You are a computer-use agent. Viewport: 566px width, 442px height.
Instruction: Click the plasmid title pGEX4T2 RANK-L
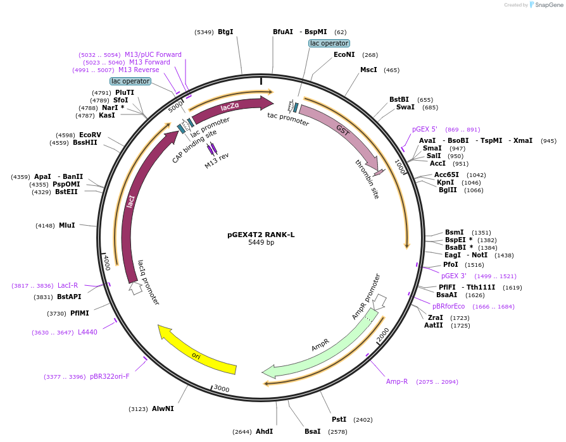point(261,234)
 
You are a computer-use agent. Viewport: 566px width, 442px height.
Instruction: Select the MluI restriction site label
point(66,225)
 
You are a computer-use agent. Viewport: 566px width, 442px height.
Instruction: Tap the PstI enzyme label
point(339,419)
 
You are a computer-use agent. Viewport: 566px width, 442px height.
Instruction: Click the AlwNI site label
point(163,408)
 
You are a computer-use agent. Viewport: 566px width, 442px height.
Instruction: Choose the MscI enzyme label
point(368,70)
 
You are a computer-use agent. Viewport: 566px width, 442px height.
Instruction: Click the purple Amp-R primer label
point(397,381)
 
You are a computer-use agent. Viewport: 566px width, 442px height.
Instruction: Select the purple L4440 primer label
point(87,332)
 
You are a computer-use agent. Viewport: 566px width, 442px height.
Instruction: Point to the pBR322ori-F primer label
point(110,376)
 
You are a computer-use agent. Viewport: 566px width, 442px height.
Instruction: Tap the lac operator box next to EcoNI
point(329,43)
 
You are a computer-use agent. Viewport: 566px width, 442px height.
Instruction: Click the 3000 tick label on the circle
point(221,388)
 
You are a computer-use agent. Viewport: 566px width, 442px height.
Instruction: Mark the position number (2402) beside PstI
point(363,419)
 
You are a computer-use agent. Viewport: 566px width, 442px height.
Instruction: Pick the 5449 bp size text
point(261,242)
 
